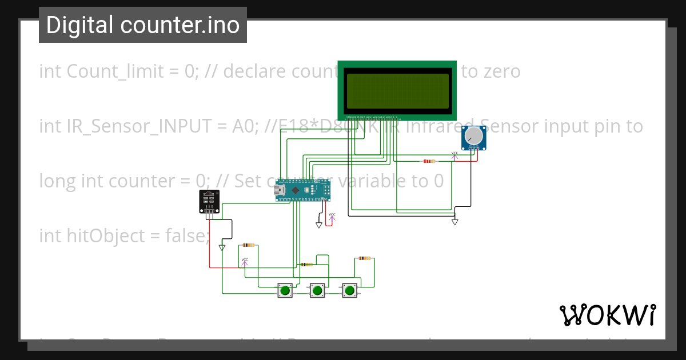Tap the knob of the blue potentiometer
473,135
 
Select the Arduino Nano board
302,190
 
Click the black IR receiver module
209,201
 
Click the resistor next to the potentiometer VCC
428,161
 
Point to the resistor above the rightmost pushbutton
364,258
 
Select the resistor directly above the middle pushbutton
307,265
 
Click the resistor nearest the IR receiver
248,245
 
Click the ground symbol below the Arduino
319,225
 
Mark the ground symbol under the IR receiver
222,247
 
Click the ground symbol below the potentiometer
455,222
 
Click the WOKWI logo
607,315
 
